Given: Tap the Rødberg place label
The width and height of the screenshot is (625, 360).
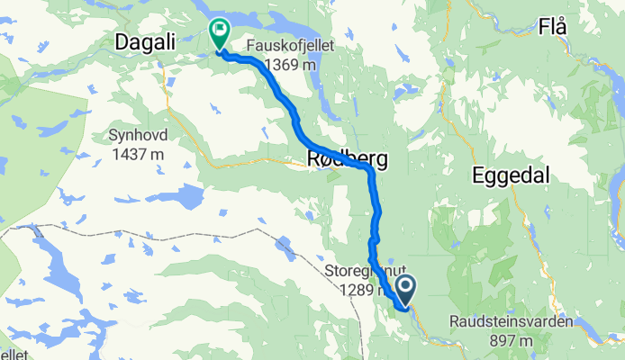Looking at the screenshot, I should pyautogui.click(x=348, y=160).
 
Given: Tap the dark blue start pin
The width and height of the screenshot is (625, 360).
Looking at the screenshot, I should pyautogui.click(x=405, y=291).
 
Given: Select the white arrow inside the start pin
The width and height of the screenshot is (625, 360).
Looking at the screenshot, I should pyautogui.click(x=405, y=289).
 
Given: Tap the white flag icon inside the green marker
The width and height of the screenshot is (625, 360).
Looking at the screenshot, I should pyautogui.click(x=219, y=30).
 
